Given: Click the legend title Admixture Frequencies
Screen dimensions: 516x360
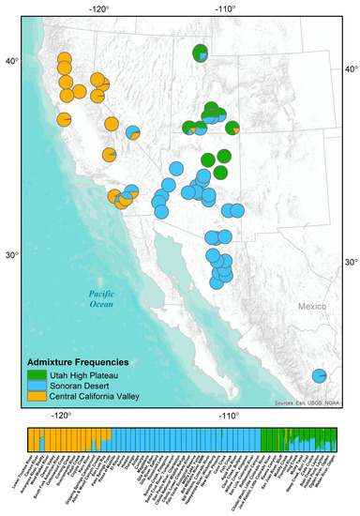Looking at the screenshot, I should click(x=77, y=361).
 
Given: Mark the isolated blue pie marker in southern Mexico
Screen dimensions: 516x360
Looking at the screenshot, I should click(x=320, y=375).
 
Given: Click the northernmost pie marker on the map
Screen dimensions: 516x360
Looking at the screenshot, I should click(x=200, y=53).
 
